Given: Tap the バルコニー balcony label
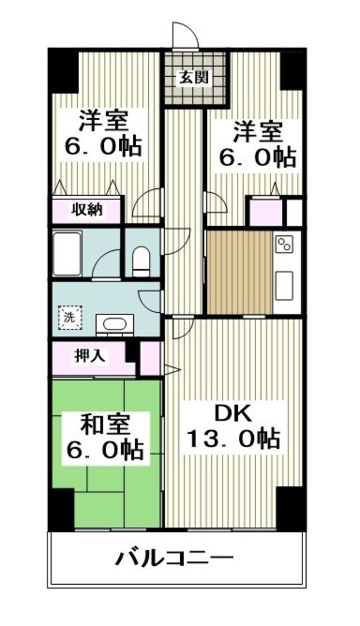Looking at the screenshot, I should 174,558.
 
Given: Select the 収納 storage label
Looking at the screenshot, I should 87,210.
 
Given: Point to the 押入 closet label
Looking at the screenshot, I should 90,355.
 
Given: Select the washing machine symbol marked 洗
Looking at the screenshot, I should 70,316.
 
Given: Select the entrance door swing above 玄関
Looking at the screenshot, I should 184,36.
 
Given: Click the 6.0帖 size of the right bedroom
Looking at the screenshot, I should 256,157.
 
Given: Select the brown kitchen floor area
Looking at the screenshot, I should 239,272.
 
